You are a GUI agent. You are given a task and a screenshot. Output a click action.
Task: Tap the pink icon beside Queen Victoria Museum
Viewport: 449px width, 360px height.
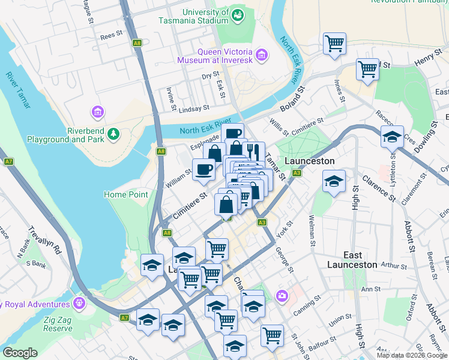[x=261, y=56]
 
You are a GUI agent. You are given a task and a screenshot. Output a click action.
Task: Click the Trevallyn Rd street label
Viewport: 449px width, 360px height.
[x=50, y=240]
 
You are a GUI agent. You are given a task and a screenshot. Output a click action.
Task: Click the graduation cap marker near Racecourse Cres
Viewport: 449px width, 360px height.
[x=392, y=137]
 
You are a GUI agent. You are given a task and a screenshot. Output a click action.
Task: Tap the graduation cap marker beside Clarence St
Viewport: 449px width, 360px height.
[x=334, y=181]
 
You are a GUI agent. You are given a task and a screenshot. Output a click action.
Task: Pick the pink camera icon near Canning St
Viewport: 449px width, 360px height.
[x=282, y=296]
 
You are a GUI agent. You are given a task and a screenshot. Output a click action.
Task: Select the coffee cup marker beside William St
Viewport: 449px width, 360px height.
[x=203, y=169]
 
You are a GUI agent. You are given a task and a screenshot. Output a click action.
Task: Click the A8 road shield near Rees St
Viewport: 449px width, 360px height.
[x=137, y=43]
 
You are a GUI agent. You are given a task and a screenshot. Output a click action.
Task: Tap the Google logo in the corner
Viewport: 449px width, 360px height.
[x=20, y=353]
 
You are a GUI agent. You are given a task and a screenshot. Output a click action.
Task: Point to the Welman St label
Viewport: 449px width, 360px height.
[x=312, y=230]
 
